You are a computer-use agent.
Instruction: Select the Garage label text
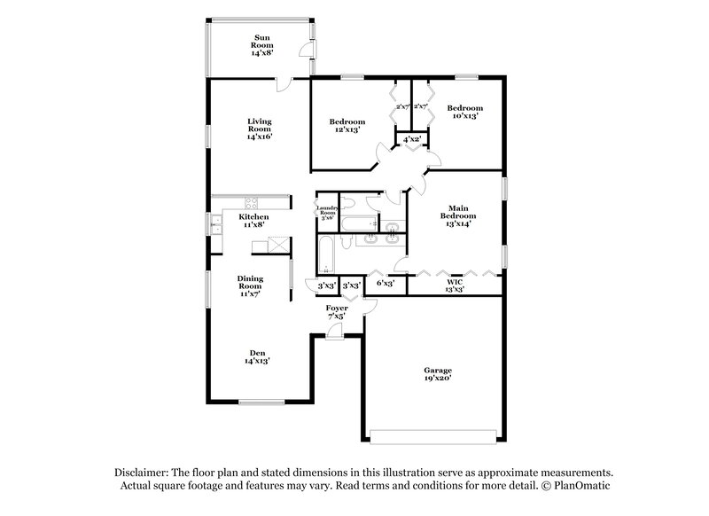pos(437,370)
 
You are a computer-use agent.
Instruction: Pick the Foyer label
pos(337,308)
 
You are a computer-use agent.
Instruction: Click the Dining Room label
pos(250,282)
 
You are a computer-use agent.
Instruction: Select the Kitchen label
pos(253,217)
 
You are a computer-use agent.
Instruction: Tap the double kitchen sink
pos(215,225)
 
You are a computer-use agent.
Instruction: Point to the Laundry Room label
pos(328,211)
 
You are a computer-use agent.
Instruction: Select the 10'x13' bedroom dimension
pos(464,116)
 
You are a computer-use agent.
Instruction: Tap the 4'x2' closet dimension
pos(411,140)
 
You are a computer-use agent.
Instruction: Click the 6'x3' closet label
pos(386,283)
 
